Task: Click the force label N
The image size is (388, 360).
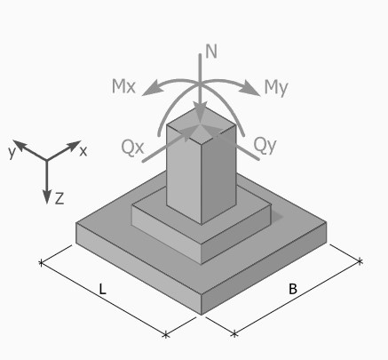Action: (x=211, y=52)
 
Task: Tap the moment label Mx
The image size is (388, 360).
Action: (x=123, y=86)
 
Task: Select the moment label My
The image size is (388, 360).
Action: (x=276, y=88)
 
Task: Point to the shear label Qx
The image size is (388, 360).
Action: (x=132, y=147)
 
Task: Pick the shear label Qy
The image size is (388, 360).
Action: (x=265, y=146)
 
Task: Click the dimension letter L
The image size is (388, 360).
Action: (x=102, y=289)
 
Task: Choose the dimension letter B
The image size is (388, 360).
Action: (x=292, y=289)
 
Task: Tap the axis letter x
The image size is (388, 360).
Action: (x=83, y=151)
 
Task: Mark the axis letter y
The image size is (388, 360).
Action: (x=12, y=152)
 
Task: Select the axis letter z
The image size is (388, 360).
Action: (x=59, y=198)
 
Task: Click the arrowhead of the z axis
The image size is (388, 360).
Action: (x=47, y=196)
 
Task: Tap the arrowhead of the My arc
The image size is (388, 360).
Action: (x=251, y=90)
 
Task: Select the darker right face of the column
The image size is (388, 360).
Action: (x=218, y=175)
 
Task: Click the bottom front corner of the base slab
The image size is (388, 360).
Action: (x=202, y=315)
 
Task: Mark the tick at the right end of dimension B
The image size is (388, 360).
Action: (x=360, y=261)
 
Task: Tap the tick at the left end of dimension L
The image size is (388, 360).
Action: (x=41, y=262)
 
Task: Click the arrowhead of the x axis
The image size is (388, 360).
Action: (x=74, y=145)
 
